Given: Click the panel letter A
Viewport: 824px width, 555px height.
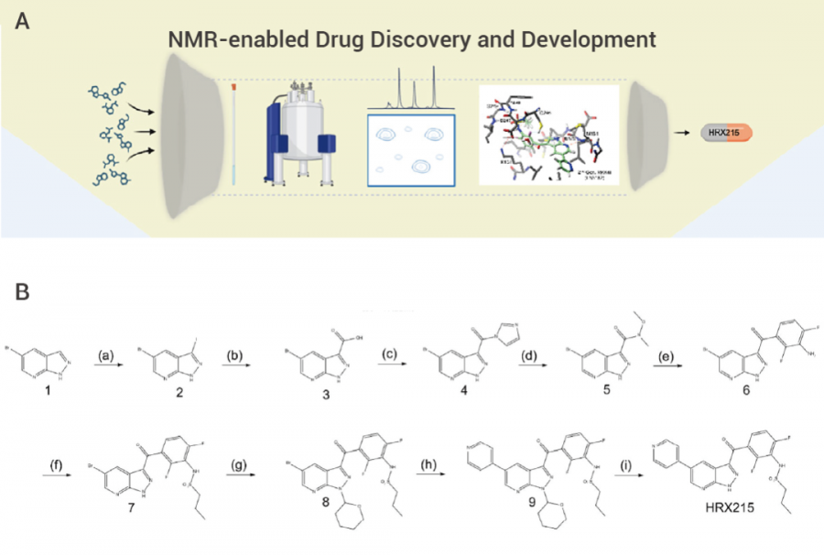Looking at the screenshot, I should [23, 21].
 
